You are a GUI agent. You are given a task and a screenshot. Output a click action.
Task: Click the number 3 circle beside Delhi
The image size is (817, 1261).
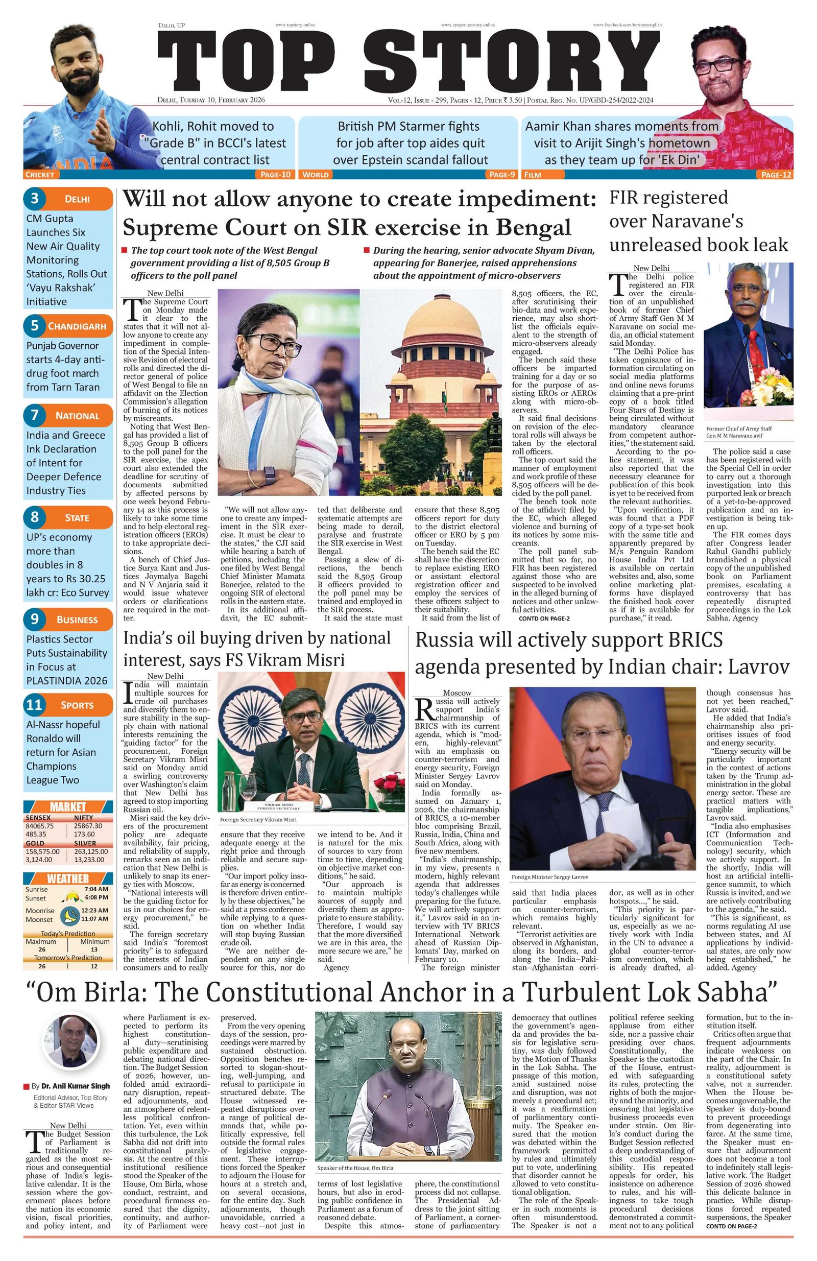[x=34, y=199]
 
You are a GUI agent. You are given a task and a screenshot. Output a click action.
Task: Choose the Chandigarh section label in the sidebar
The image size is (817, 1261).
[x=77, y=326]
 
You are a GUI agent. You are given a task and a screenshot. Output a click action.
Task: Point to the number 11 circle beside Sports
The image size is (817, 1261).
[x=34, y=705]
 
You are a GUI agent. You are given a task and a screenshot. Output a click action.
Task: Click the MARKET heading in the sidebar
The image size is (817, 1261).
[x=68, y=807]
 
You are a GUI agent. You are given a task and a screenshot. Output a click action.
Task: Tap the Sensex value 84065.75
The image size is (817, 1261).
[x=40, y=825]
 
